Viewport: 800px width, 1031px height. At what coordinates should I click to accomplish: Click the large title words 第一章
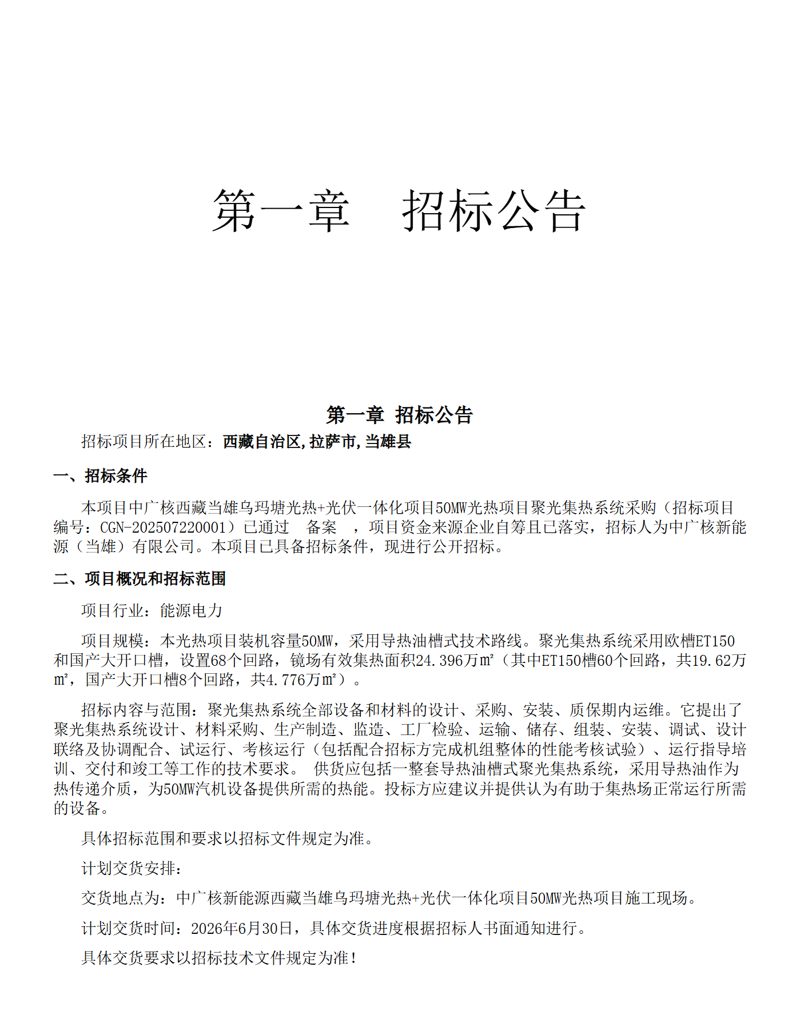click(x=281, y=211)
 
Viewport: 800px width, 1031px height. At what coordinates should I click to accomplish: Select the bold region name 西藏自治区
click(x=261, y=442)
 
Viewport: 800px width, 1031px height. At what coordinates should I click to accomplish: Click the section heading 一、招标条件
click(x=100, y=475)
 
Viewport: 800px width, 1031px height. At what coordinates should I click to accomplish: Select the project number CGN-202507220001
click(x=163, y=527)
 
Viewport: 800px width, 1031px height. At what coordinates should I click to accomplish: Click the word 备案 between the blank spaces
click(x=321, y=527)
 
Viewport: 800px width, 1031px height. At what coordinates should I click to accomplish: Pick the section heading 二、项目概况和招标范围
click(x=140, y=578)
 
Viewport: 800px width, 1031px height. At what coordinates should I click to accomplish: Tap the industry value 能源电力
click(x=191, y=610)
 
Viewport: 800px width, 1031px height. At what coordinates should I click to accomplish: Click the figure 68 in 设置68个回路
click(x=219, y=661)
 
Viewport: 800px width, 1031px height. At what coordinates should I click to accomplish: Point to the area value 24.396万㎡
click(x=455, y=661)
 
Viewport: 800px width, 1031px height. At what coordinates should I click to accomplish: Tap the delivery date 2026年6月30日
click(x=242, y=928)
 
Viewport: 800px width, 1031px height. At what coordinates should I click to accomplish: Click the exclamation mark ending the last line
click(x=355, y=958)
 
